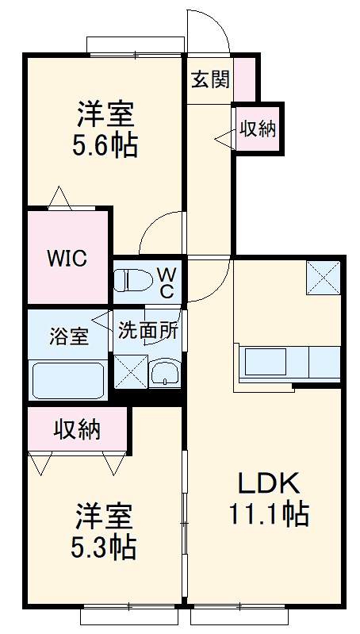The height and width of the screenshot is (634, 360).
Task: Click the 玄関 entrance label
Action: (210, 79)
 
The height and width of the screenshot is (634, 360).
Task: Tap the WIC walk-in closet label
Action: (67, 258)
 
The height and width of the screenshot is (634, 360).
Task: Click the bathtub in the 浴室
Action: (68, 381)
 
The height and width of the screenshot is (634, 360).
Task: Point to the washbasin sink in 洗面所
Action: (164, 373)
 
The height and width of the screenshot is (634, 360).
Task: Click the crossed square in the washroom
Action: (131, 371)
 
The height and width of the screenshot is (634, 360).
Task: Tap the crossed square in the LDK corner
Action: (323, 278)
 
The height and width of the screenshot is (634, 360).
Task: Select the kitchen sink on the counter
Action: (266, 362)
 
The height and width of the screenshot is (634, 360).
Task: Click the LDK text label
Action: (269, 482)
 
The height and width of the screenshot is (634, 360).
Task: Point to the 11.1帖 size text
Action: (270, 513)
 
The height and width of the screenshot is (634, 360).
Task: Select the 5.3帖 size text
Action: (103, 548)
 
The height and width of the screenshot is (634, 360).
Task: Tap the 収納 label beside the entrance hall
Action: (259, 129)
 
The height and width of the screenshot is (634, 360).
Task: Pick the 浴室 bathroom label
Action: (69, 336)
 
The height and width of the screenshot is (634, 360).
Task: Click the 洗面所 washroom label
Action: (147, 331)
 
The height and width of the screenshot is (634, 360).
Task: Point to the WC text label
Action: (167, 283)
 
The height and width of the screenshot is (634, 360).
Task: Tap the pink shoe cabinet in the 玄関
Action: (245, 79)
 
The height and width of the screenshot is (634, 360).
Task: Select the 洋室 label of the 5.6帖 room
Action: (105, 114)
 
